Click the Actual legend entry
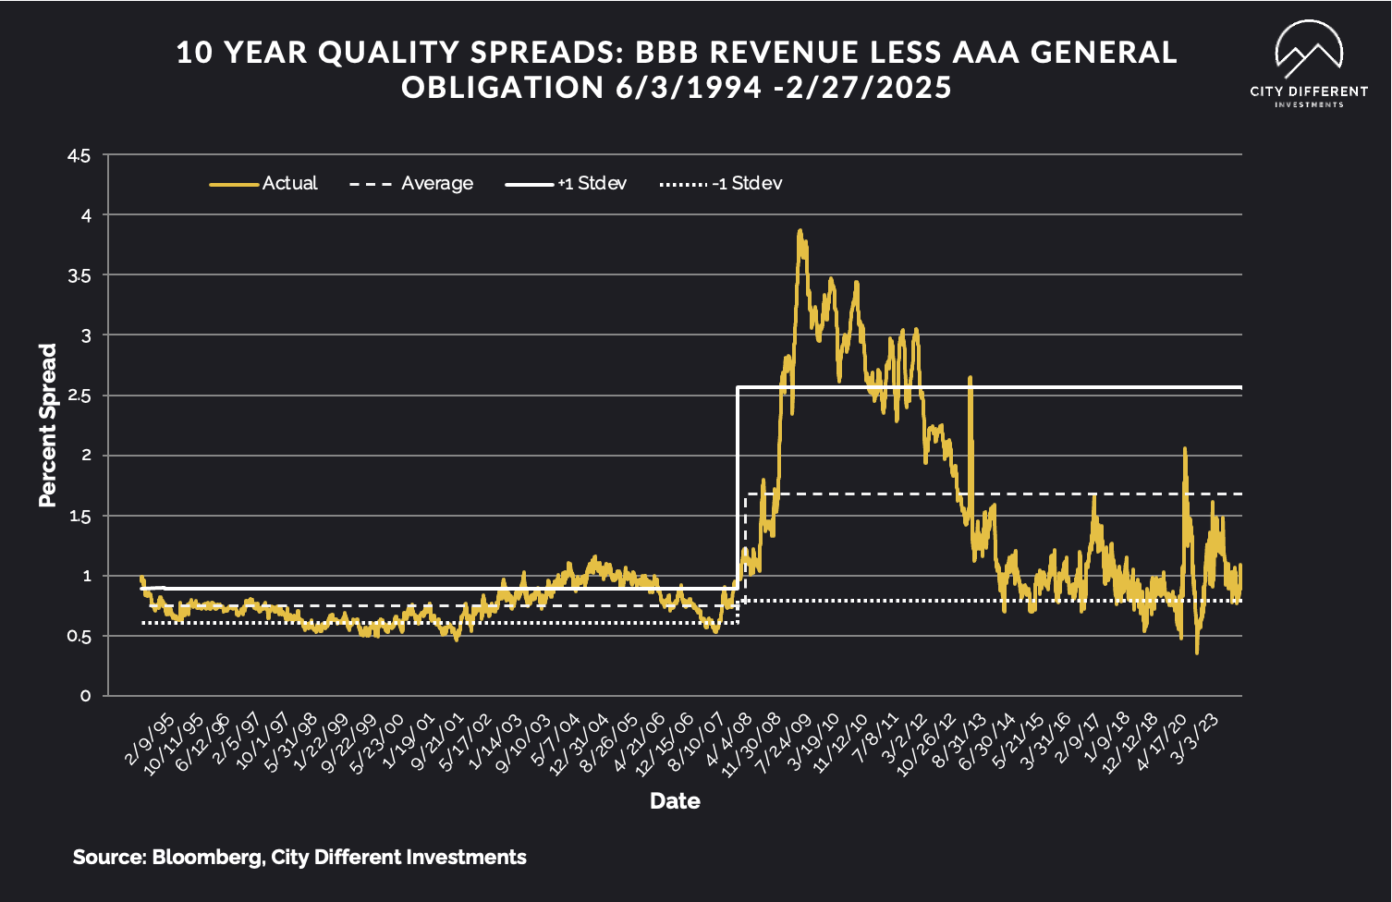click(264, 183)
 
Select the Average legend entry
click(412, 183)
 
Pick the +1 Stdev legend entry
click(566, 183)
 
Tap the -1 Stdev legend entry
click(721, 183)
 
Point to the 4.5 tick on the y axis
click(79, 156)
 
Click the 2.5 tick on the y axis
click(79, 396)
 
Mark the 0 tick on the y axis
click(86, 696)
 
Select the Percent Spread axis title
click(48, 425)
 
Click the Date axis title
click(675, 801)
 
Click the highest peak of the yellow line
click(800, 231)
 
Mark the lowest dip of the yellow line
click(1197, 653)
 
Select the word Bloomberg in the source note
click(206, 858)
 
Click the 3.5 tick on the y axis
click(79, 275)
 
